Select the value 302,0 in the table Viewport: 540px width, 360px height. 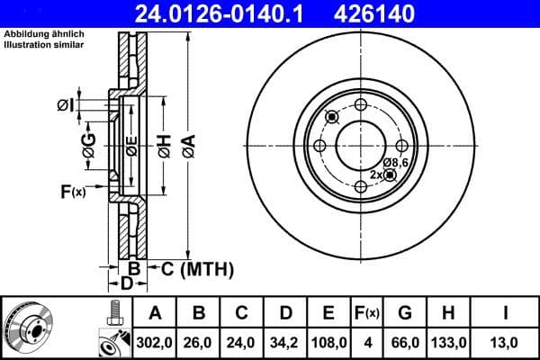click(154, 342)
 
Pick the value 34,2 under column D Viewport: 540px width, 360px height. click(285, 342)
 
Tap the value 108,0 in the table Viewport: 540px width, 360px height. click(329, 342)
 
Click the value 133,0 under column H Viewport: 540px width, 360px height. click(448, 342)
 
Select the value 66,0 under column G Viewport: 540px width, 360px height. click(404, 342)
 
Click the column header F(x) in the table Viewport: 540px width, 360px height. click(367, 313)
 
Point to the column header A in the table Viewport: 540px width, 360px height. click(154, 313)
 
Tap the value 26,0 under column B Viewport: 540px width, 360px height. click(199, 342)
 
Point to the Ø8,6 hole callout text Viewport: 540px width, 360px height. click(395, 162)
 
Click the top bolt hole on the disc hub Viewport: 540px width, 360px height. click(361, 103)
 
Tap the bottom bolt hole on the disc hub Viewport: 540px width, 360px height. click(361, 186)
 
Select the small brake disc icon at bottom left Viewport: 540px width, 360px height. click(31, 328)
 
